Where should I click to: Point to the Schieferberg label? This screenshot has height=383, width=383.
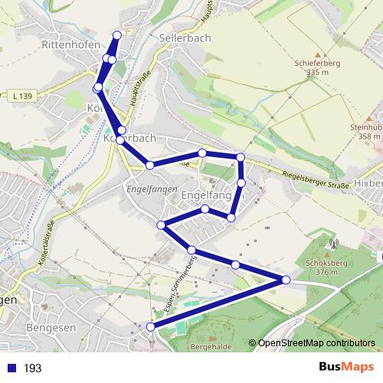click(x=311, y=64)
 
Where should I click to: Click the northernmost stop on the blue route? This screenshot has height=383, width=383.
click(x=117, y=34)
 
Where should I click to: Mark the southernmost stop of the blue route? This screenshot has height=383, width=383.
click(x=151, y=327)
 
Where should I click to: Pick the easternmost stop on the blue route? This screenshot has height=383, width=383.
click(x=286, y=280)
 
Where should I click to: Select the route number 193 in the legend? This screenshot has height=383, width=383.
click(x=32, y=368)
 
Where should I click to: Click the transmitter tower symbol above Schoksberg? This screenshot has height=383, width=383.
click(x=332, y=245)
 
